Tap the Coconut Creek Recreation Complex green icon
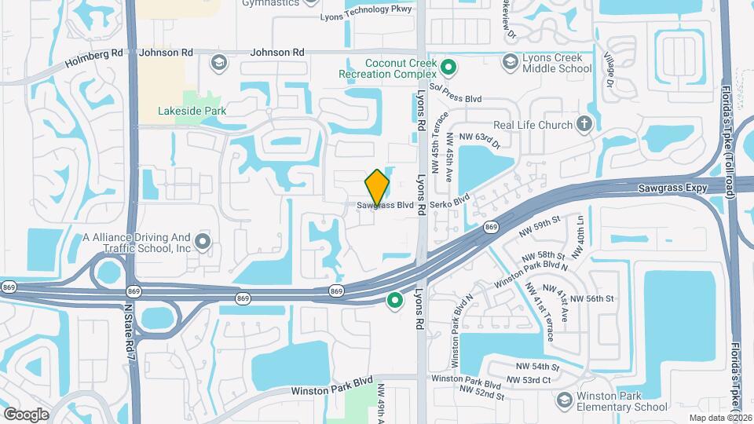point(448,64)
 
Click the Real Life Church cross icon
point(584,124)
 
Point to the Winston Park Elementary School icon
point(562,400)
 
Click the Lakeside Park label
point(192,111)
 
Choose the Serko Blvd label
point(450,204)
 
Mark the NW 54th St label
point(539,367)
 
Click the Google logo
point(25,414)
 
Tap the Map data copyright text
point(720,417)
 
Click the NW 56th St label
point(592,298)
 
